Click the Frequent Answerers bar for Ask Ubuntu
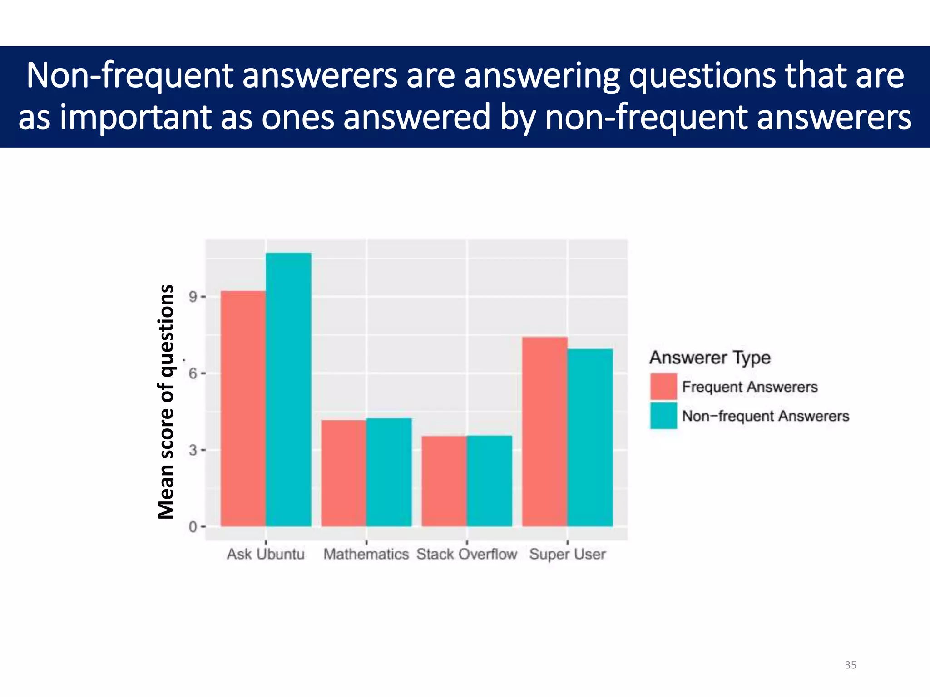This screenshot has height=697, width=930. (243, 408)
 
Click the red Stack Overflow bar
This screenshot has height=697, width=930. (444, 481)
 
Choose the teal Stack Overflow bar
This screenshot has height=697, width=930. (490, 481)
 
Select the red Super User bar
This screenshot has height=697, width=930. (545, 431)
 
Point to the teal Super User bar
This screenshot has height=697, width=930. (590, 437)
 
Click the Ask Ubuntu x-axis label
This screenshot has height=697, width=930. (266, 554)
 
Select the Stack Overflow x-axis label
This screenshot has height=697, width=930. (467, 554)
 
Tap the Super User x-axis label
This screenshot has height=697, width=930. (568, 554)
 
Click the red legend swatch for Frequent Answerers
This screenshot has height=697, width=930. (663, 387)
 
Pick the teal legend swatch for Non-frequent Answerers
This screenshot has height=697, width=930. (663, 416)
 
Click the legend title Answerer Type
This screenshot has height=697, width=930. (710, 358)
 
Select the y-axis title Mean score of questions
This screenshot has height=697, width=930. (166, 402)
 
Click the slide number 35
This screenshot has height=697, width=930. (851, 665)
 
